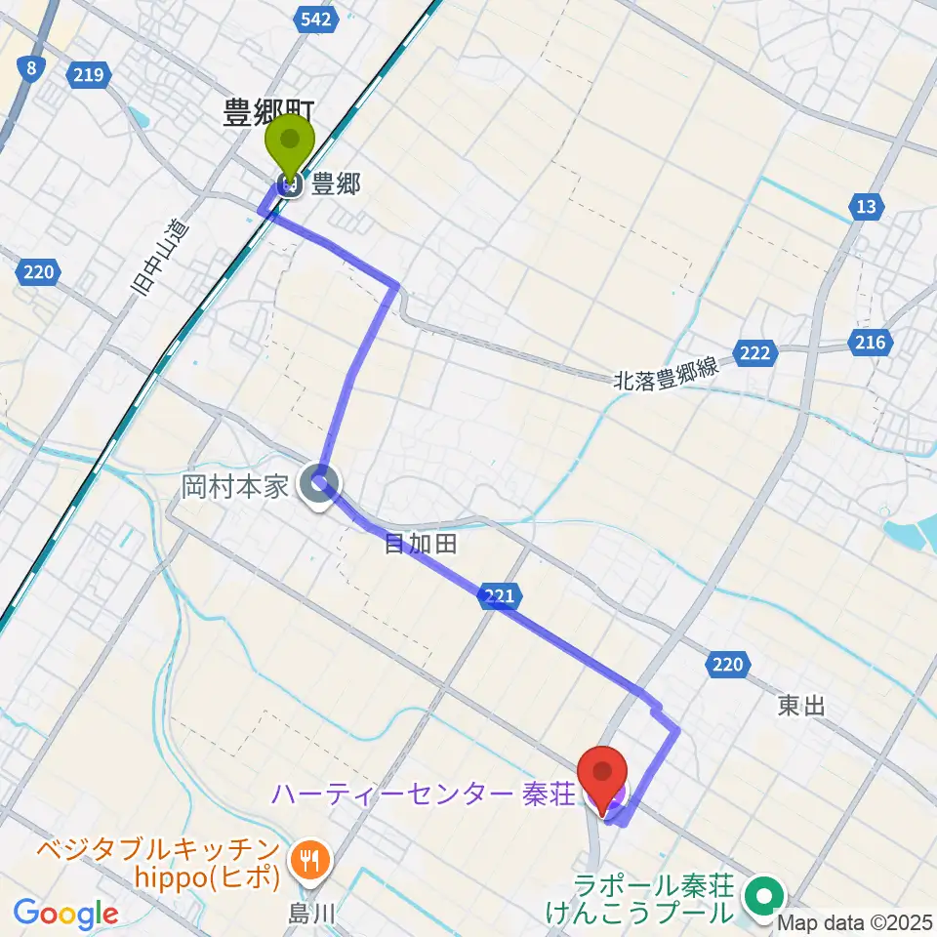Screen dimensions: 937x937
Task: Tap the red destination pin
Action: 603,776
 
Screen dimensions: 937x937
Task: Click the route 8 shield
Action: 32,67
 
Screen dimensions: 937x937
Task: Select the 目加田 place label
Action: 420,544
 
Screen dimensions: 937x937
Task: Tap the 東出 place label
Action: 801,706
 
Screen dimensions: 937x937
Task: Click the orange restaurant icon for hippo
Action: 311,859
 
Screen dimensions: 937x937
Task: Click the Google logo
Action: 65,914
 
